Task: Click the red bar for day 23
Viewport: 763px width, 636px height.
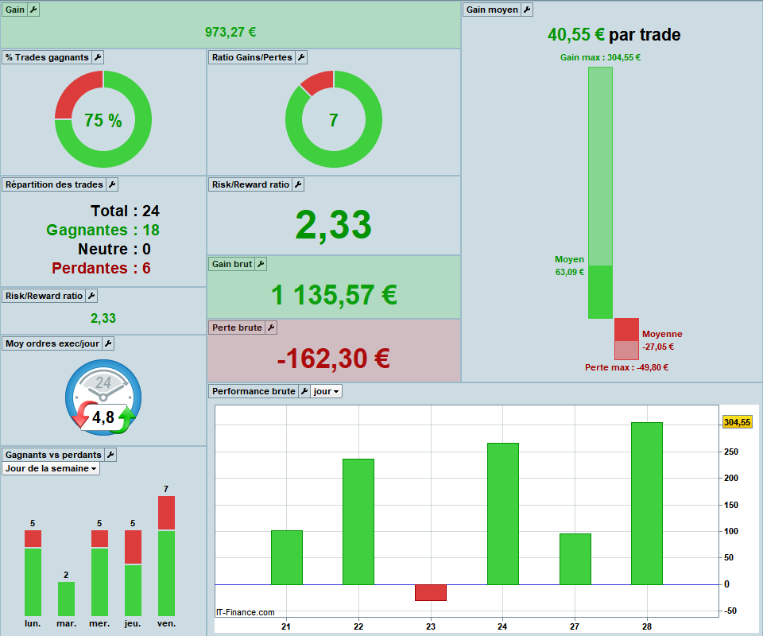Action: [431, 592]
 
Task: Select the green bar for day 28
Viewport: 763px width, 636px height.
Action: [647, 503]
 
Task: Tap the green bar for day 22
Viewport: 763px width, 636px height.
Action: [358, 522]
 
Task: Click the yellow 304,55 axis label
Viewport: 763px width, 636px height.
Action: [738, 422]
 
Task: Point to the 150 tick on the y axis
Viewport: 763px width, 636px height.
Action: [731, 505]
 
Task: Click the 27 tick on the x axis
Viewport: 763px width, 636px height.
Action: [575, 626]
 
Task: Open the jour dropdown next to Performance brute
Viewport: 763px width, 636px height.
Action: [326, 391]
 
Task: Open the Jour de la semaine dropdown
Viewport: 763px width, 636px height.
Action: [51, 468]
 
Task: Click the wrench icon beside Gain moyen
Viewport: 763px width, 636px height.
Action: [527, 10]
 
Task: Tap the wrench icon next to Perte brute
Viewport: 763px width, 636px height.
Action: [271, 328]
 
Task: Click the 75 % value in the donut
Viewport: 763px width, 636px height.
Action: [103, 120]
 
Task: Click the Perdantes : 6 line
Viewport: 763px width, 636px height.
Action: [101, 268]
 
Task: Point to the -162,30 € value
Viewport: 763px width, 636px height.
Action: [333, 359]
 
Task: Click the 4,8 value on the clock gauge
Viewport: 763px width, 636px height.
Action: [103, 417]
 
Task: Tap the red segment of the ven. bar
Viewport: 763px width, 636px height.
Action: [166, 513]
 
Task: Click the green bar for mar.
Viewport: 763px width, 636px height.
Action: [66, 599]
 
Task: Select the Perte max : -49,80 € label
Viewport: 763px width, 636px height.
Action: [627, 367]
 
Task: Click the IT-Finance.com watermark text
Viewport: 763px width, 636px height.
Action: [246, 612]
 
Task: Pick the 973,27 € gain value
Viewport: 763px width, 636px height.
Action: [230, 32]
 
